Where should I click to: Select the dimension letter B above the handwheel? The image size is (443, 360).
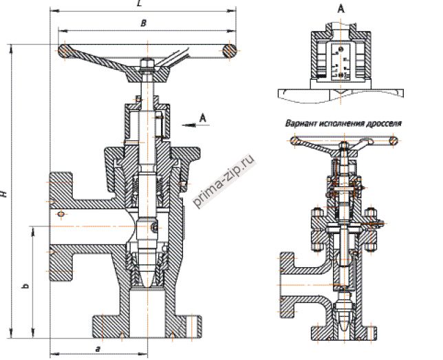142,23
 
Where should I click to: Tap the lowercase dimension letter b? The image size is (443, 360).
25,284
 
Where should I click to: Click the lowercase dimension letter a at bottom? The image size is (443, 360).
98,350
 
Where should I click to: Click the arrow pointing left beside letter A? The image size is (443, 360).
185,125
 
